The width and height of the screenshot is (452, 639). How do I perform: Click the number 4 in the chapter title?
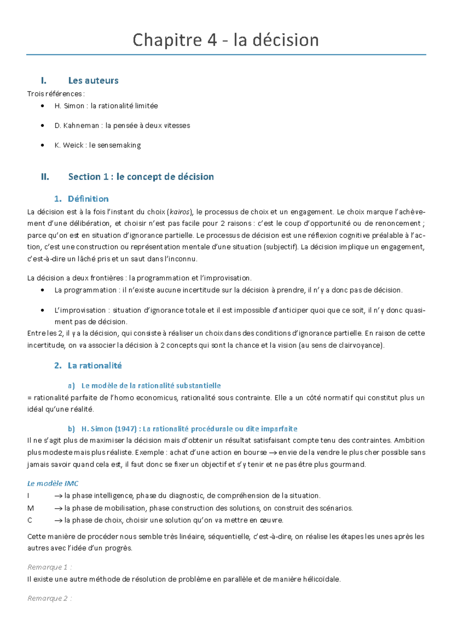(212, 40)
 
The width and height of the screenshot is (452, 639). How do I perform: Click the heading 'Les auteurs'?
(93, 81)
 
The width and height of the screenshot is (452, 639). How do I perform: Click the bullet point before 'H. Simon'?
(43, 106)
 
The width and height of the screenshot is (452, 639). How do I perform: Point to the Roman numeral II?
(45, 177)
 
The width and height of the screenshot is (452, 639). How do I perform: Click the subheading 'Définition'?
(88, 199)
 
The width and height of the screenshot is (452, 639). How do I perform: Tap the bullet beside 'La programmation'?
(43, 290)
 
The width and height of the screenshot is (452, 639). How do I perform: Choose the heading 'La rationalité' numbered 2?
(95, 366)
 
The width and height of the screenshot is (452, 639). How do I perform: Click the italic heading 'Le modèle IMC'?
(53, 484)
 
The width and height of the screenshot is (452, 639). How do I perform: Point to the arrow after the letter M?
(58, 508)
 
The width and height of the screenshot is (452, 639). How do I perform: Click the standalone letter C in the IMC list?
(30, 520)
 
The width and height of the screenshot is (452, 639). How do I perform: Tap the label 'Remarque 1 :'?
(49, 567)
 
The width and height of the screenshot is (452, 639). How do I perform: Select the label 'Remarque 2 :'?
(49, 599)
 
